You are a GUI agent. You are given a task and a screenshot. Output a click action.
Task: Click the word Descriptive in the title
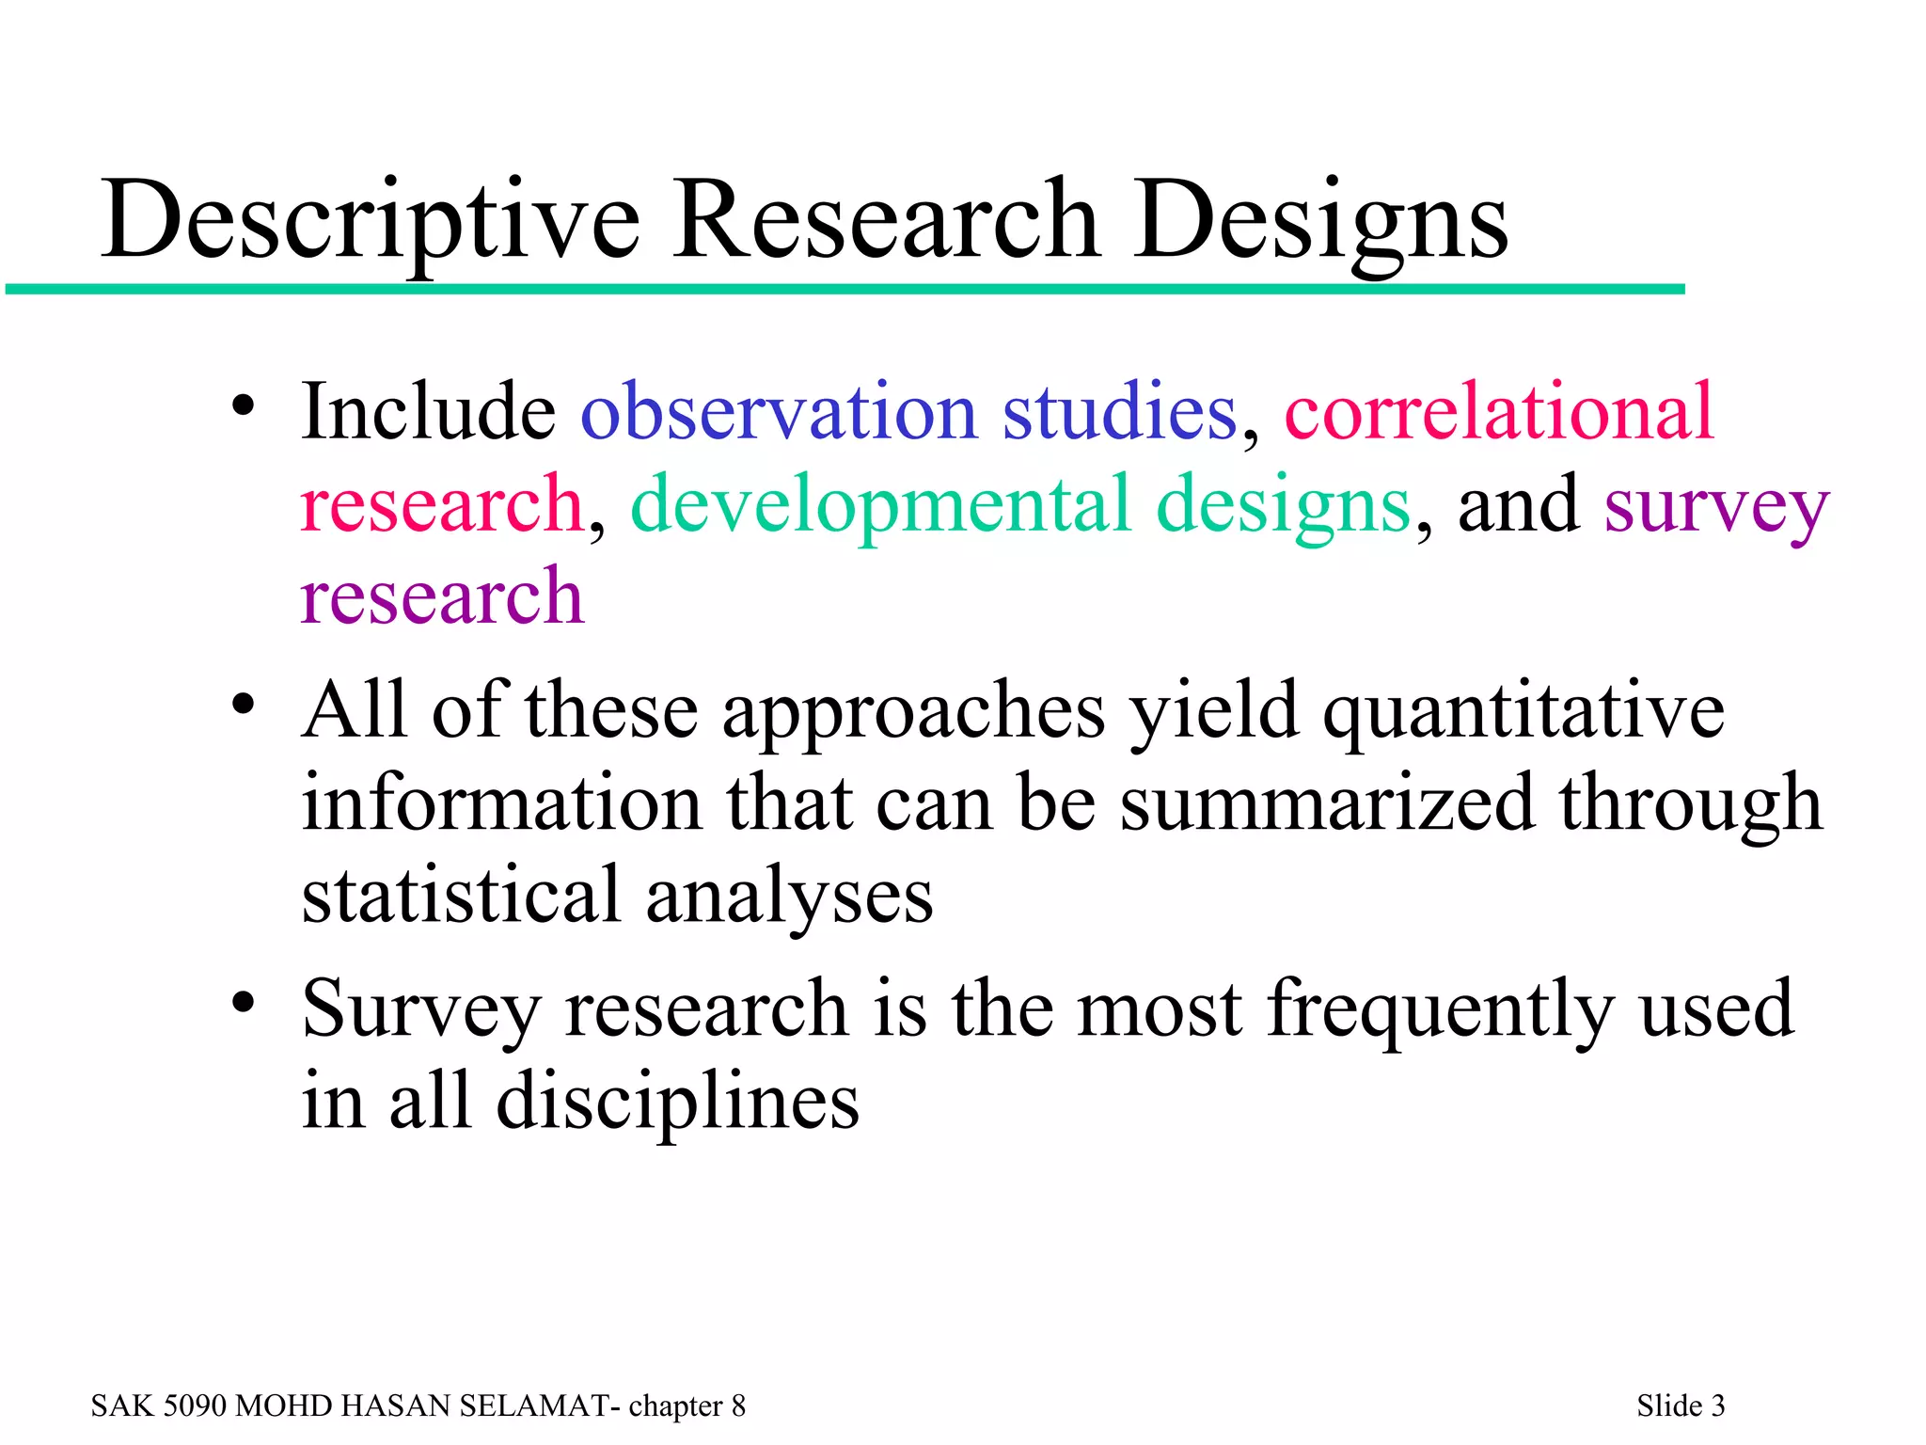click(x=371, y=222)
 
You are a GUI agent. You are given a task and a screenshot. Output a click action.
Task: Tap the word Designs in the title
click(x=1320, y=222)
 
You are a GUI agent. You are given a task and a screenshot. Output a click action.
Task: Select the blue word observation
click(x=779, y=413)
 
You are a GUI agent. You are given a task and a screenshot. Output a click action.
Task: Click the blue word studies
click(x=1119, y=413)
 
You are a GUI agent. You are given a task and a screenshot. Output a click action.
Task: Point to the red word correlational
click(x=1499, y=413)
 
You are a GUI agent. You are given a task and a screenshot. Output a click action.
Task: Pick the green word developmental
click(x=880, y=505)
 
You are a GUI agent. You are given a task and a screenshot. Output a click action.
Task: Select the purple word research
click(x=442, y=597)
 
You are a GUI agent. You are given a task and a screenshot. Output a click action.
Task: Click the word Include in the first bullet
click(x=428, y=413)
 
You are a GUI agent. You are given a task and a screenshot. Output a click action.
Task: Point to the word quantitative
click(x=1523, y=712)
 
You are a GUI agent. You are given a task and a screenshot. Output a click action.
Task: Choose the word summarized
click(x=1327, y=804)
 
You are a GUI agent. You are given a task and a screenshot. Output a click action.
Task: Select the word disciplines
click(x=677, y=1103)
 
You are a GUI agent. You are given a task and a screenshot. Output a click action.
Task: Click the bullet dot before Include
click(x=244, y=407)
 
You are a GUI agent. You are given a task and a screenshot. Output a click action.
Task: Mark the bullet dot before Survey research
click(x=244, y=1003)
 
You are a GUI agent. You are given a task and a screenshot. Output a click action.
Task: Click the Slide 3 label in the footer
click(x=1681, y=1405)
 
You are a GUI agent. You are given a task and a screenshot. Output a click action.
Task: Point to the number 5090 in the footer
click(x=195, y=1405)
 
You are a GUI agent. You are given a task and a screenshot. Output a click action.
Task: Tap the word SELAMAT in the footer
click(x=533, y=1405)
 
